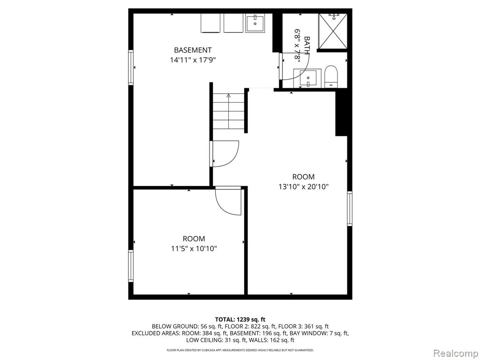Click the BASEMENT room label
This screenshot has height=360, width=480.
(193, 50)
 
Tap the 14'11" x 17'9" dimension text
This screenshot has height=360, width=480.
(193, 60)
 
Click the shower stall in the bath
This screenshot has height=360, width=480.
(333, 31)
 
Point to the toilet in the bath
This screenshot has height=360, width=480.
(330, 76)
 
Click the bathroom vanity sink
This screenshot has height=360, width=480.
(307, 78)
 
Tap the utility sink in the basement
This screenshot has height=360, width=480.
(255, 23)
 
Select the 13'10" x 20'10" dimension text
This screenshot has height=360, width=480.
(303, 187)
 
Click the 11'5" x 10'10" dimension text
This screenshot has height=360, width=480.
(194, 248)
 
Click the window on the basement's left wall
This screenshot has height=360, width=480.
(131, 67)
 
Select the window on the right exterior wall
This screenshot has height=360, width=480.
(350, 209)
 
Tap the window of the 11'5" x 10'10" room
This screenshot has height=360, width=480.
(131, 266)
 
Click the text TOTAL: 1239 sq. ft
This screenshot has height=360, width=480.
(240, 320)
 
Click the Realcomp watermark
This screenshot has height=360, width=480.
(455, 353)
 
